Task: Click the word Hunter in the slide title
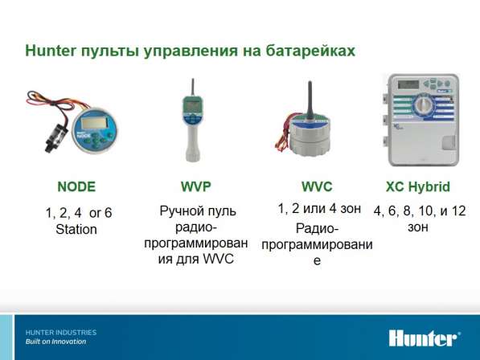coord(50,51)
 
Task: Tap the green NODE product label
coord(76,186)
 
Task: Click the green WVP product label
coord(196,186)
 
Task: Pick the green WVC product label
coord(317,186)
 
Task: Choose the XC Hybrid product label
coord(418,186)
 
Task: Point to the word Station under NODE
coord(76,229)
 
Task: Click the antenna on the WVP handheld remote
coord(193,88)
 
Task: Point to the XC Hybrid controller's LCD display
coord(408,84)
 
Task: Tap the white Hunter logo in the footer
coord(425,338)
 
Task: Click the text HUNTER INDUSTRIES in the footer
coord(61,333)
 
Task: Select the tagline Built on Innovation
coord(55,342)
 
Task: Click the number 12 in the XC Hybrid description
coord(458,211)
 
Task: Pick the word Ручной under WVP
coord(179,211)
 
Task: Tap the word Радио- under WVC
coord(317,228)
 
